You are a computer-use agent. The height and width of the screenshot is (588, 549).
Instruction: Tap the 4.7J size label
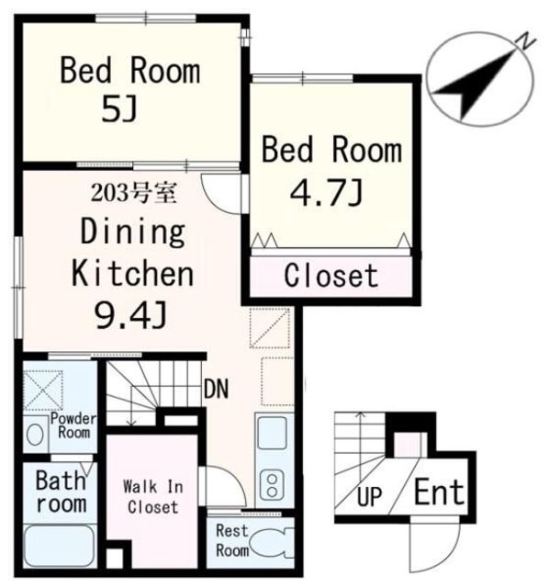[327, 192]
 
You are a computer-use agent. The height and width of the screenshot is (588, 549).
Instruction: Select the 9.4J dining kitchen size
[129, 315]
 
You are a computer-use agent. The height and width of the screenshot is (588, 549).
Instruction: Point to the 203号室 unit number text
[133, 194]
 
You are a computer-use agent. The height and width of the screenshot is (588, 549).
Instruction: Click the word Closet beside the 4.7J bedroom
[331, 276]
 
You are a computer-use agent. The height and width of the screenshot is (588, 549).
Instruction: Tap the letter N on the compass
[526, 41]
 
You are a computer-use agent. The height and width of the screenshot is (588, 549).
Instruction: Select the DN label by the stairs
[216, 389]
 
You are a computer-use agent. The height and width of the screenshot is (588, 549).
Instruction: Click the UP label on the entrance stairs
[369, 496]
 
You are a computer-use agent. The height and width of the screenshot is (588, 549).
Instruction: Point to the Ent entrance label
[439, 492]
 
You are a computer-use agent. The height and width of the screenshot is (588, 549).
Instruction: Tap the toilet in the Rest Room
[272, 543]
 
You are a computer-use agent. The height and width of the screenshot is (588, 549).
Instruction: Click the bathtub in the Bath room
[60, 545]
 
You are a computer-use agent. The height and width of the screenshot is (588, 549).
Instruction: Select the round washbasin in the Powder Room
[35, 435]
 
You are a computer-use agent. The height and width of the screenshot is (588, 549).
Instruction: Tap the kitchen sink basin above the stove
[273, 433]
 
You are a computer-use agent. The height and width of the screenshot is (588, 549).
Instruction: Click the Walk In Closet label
[153, 497]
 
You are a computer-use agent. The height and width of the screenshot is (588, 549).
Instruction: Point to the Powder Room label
[73, 425]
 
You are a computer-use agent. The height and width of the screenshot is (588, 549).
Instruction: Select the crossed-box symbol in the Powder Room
[43, 390]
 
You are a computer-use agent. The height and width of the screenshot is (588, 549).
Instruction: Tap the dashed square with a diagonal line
[270, 328]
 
